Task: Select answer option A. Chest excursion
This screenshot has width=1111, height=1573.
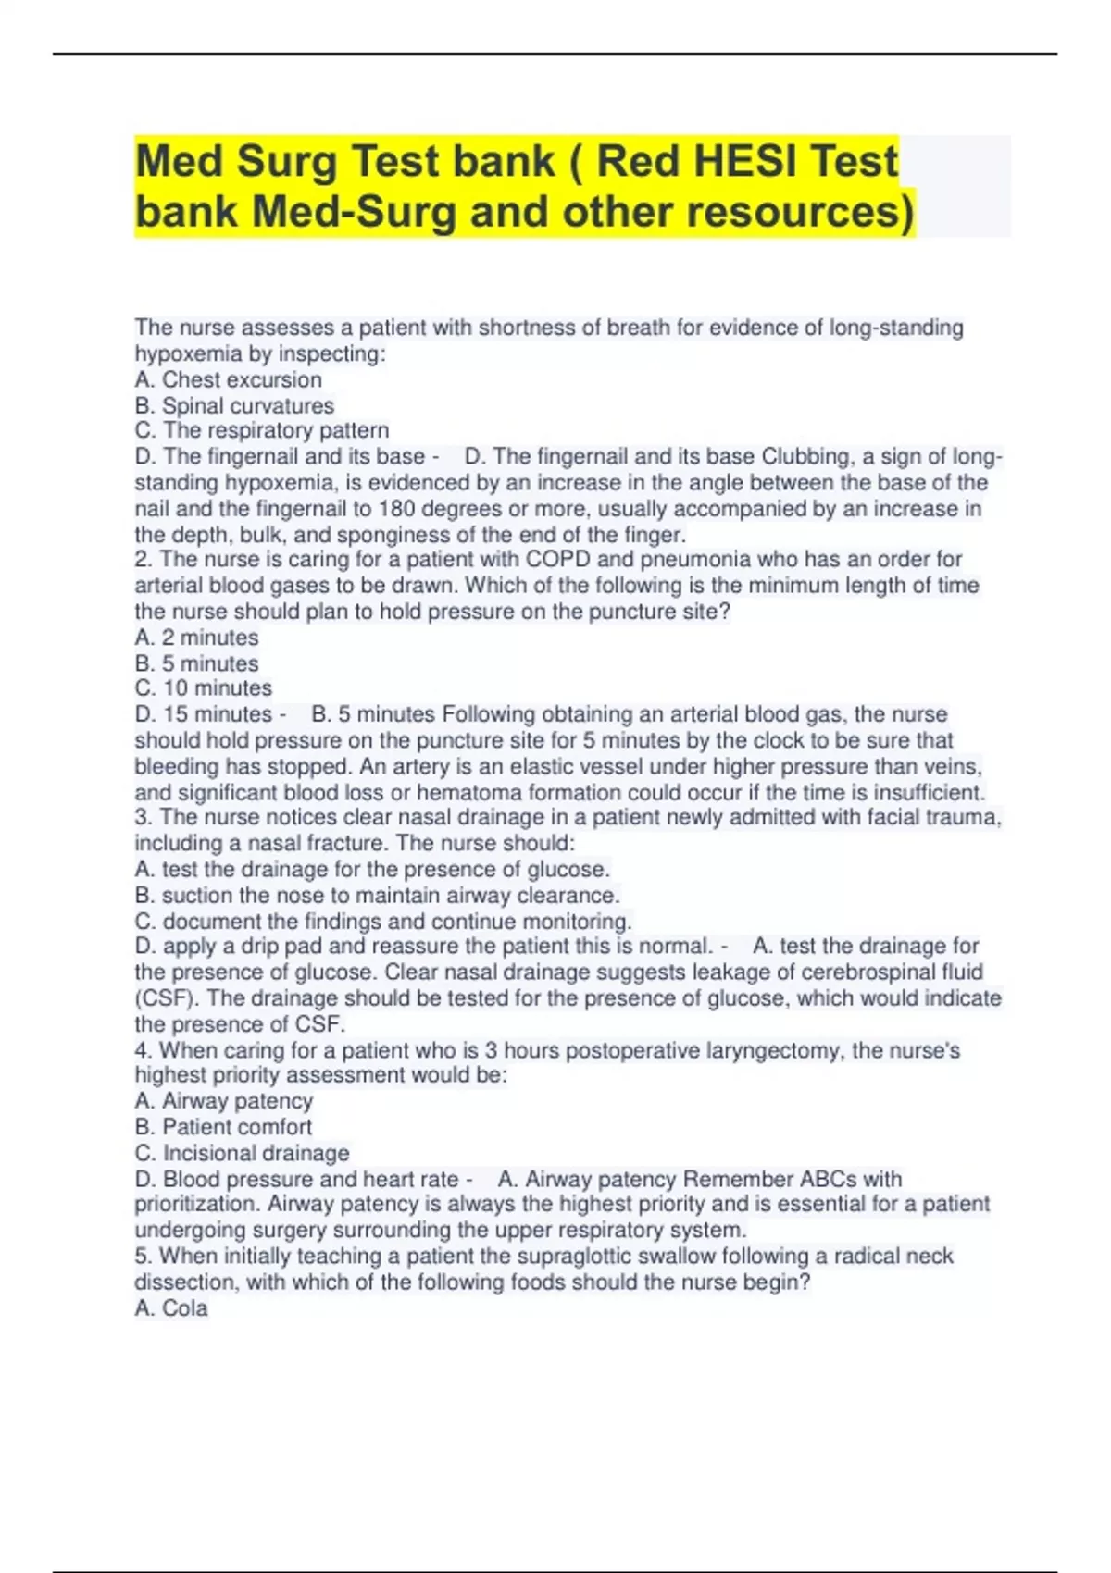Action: pyautogui.click(x=228, y=379)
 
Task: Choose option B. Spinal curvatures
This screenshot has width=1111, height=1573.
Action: pyautogui.click(x=234, y=405)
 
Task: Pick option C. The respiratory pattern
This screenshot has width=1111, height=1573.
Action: pyautogui.click(x=262, y=430)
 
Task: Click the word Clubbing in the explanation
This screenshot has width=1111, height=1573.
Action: pyautogui.click(x=805, y=456)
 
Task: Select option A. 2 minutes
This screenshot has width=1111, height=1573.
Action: pyautogui.click(x=196, y=638)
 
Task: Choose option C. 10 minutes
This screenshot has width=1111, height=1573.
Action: pyautogui.click(x=203, y=688)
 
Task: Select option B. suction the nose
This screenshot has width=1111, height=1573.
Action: pyautogui.click(x=377, y=895)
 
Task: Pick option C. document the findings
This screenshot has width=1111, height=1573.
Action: pyautogui.click(x=383, y=921)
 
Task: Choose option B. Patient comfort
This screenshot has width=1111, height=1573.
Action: pyautogui.click(x=223, y=1127)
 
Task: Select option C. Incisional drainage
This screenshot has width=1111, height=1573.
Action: pyautogui.click(x=242, y=1153)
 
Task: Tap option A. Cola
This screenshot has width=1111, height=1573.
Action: pyautogui.click(x=171, y=1307)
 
